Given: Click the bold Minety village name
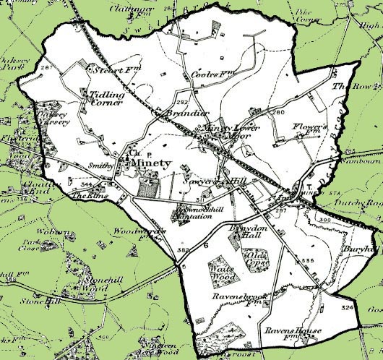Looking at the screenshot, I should (152, 163).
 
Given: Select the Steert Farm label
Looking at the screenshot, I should (106, 71).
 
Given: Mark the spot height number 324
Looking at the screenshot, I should (350, 308).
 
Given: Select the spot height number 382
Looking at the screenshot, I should (181, 249).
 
